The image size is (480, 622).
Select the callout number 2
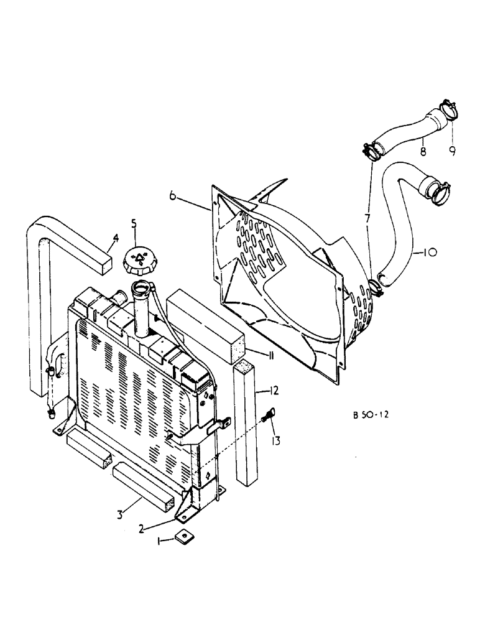[142, 528]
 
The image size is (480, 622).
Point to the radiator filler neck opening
[142, 289]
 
